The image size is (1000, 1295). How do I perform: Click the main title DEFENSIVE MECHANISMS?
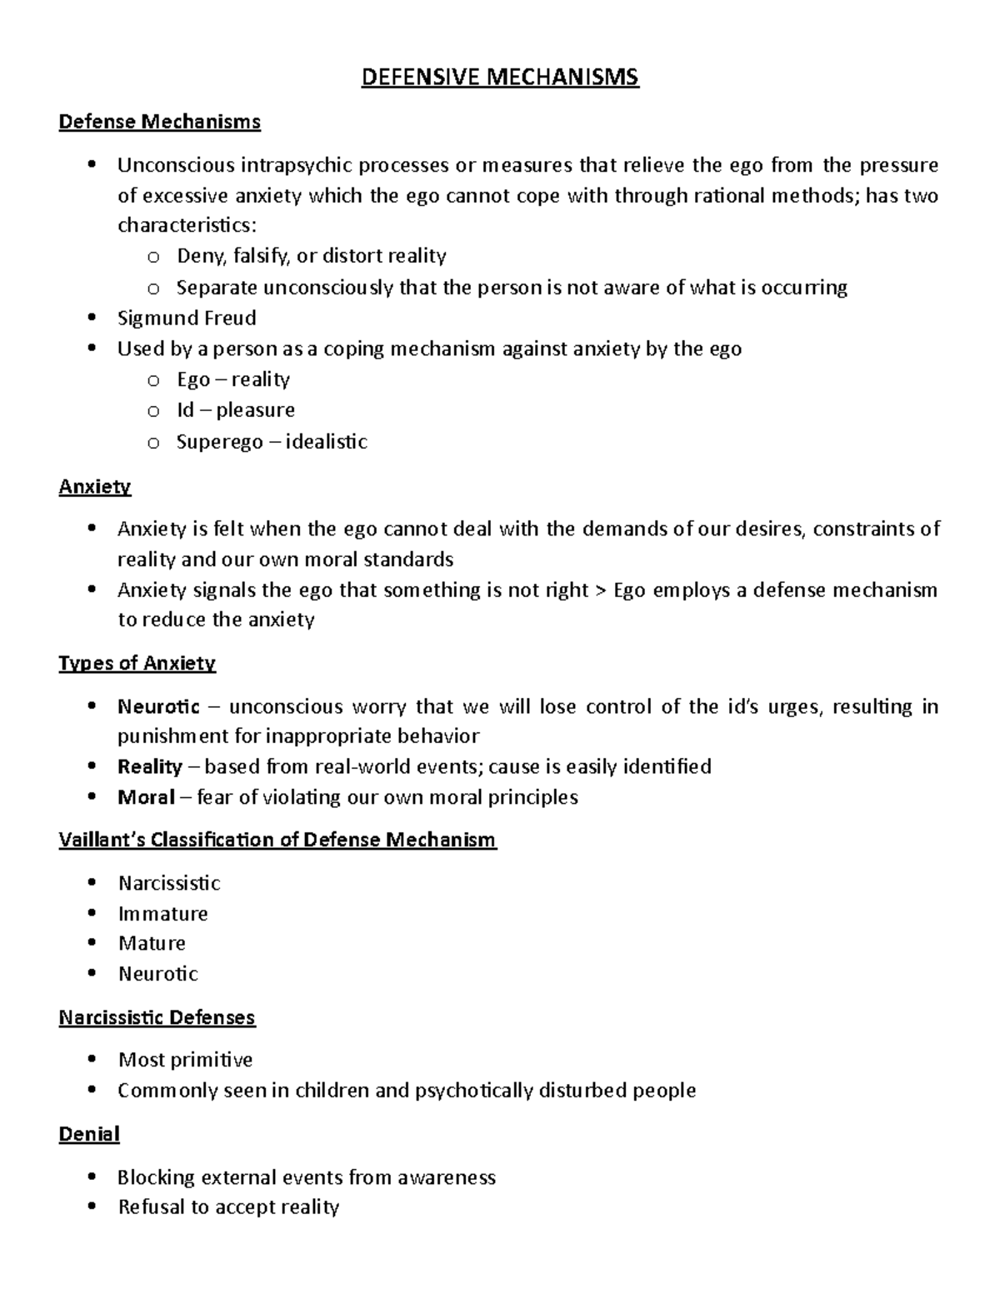pyautogui.click(x=499, y=78)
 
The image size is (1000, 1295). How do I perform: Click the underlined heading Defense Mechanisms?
pyautogui.click(x=159, y=122)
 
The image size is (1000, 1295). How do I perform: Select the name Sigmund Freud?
pyautogui.click(x=187, y=318)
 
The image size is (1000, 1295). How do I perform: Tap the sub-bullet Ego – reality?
pyautogui.click(x=232, y=379)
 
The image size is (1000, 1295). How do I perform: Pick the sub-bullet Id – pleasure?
pyautogui.click(x=235, y=410)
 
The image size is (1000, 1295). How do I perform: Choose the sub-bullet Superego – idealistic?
pyautogui.click(x=271, y=441)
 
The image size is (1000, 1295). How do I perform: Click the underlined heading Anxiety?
pyautogui.click(x=94, y=486)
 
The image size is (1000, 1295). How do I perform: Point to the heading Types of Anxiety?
pyautogui.click(x=137, y=663)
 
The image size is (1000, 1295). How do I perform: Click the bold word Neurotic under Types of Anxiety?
pyautogui.click(x=158, y=707)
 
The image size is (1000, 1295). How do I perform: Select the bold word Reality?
pyautogui.click(x=150, y=766)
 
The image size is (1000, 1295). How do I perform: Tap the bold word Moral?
pyautogui.click(x=146, y=797)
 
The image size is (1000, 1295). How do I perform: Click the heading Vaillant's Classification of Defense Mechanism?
pyautogui.click(x=277, y=840)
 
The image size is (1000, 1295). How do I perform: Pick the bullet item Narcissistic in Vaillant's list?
pyautogui.click(x=169, y=883)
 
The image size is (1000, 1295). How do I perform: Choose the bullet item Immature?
pyautogui.click(x=162, y=913)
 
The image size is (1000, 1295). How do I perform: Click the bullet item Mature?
pyautogui.click(x=152, y=943)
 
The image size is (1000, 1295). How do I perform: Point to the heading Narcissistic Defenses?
pyautogui.click(x=157, y=1017)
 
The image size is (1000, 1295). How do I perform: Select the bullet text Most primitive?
pyautogui.click(x=185, y=1060)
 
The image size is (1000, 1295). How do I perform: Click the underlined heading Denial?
pyautogui.click(x=89, y=1134)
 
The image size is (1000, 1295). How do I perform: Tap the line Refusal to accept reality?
pyautogui.click(x=228, y=1207)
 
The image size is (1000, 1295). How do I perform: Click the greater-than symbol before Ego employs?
pyautogui.click(x=601, y=591)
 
